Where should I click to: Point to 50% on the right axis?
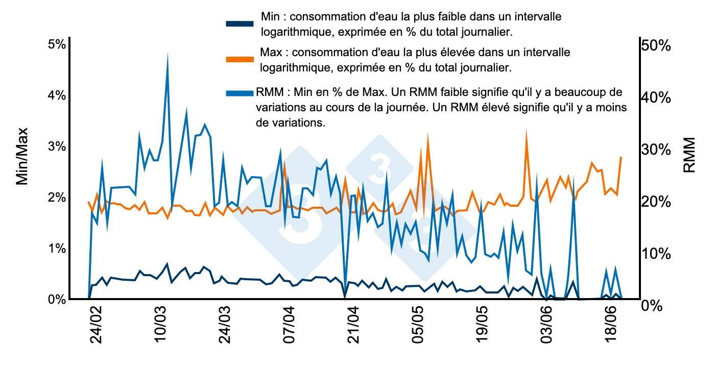(656, 45)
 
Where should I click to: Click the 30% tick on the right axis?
(656, 150)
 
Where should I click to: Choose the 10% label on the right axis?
(656, 254)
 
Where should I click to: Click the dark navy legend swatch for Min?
(240, 24)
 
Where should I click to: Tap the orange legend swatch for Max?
(240, 59)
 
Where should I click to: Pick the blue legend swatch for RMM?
(240, 92)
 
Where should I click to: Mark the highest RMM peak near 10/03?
(168, 54)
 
